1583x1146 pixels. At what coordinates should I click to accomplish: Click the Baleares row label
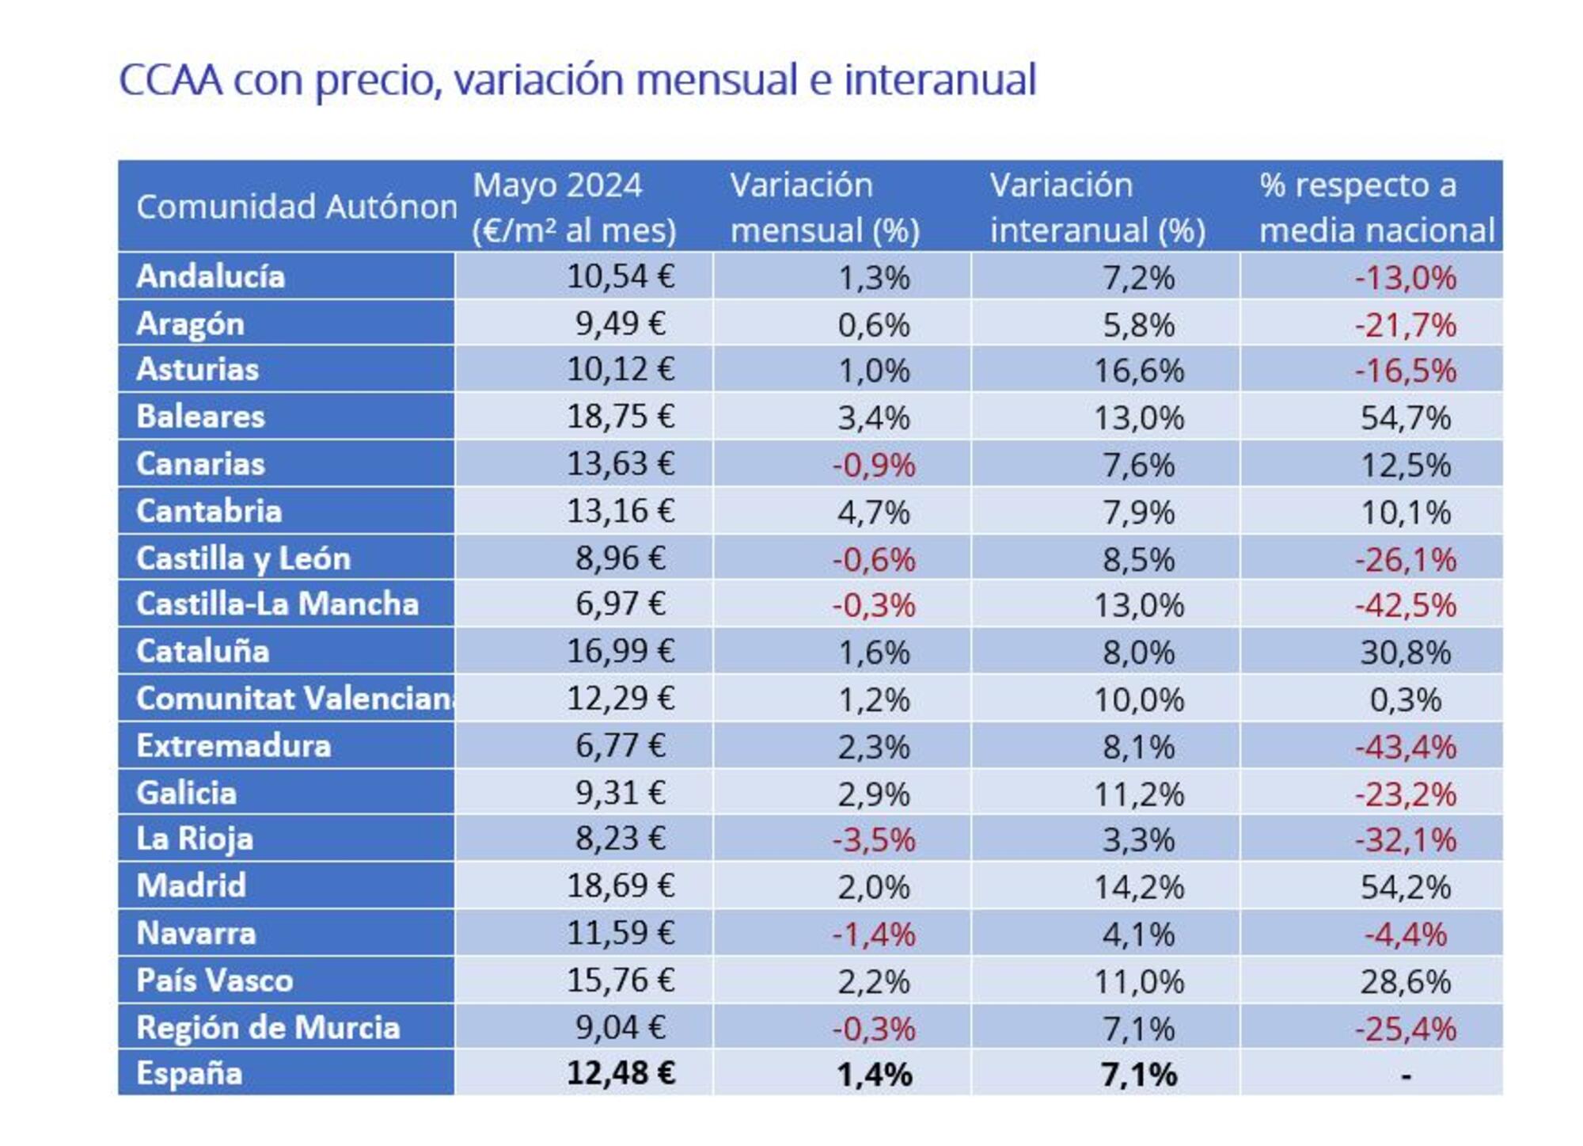pos(200,417)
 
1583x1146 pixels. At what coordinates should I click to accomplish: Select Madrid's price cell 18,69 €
pos(620,885)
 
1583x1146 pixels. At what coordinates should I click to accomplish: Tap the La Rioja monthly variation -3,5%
pos(873,840)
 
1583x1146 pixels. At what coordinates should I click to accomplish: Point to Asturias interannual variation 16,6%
pos(1138,371)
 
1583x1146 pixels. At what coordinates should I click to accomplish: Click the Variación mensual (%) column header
pos(824,207)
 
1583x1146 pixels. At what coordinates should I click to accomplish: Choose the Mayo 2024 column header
pos(574,207)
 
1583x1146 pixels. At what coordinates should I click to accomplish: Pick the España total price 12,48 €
pos(620,1074)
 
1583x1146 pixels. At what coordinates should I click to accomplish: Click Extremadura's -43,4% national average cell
pos(1405,747)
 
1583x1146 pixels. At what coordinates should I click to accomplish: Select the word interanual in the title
pos(940,79)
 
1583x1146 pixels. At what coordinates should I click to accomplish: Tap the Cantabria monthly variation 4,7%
pos(873,512)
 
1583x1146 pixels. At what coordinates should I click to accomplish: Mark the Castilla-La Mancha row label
pos(277,604)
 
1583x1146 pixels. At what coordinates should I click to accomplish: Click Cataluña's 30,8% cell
pos(1405,653)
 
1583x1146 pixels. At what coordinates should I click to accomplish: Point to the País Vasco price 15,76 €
pos(620,980)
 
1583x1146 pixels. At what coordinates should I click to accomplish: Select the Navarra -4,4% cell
pos(1405,935)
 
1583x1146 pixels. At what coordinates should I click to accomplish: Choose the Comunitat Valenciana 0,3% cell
pos(1405,700)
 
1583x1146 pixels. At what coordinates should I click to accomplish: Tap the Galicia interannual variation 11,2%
pos(1138,794)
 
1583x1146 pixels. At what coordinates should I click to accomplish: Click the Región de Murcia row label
pos(268,1028)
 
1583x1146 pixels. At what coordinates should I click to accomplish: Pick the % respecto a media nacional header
pos(1376,207)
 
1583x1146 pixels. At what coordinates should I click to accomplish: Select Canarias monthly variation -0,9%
pos(873,465)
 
